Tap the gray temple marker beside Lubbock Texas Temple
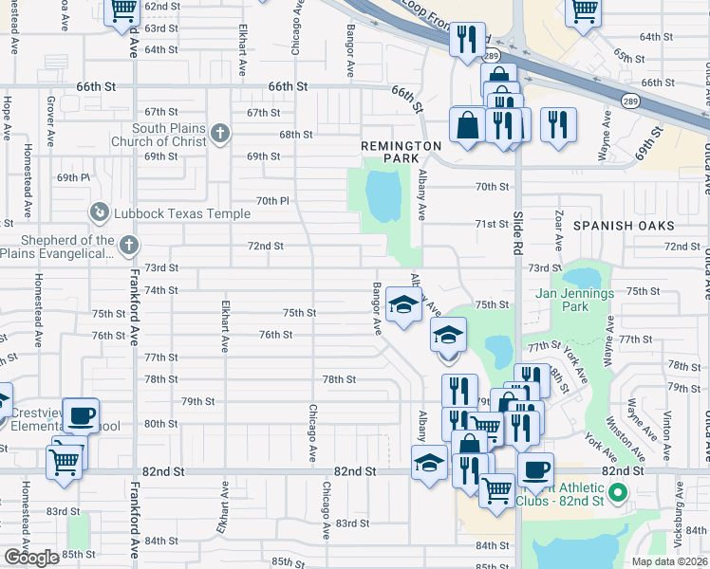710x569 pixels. coord(99,213)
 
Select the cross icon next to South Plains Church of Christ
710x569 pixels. coord(220,134)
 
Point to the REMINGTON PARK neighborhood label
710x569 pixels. coord(402,152)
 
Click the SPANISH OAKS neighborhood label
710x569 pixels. coord(624,226)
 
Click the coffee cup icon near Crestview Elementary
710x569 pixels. coord(82,413)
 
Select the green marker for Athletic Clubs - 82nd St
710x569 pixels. coord(617,492)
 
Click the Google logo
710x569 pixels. coord(31,558)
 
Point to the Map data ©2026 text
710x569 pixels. coord(669,561)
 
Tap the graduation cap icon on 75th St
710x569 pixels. coord(403,306)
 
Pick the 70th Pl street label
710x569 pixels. coord(271,201)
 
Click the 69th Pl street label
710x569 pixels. coord(73,177)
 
